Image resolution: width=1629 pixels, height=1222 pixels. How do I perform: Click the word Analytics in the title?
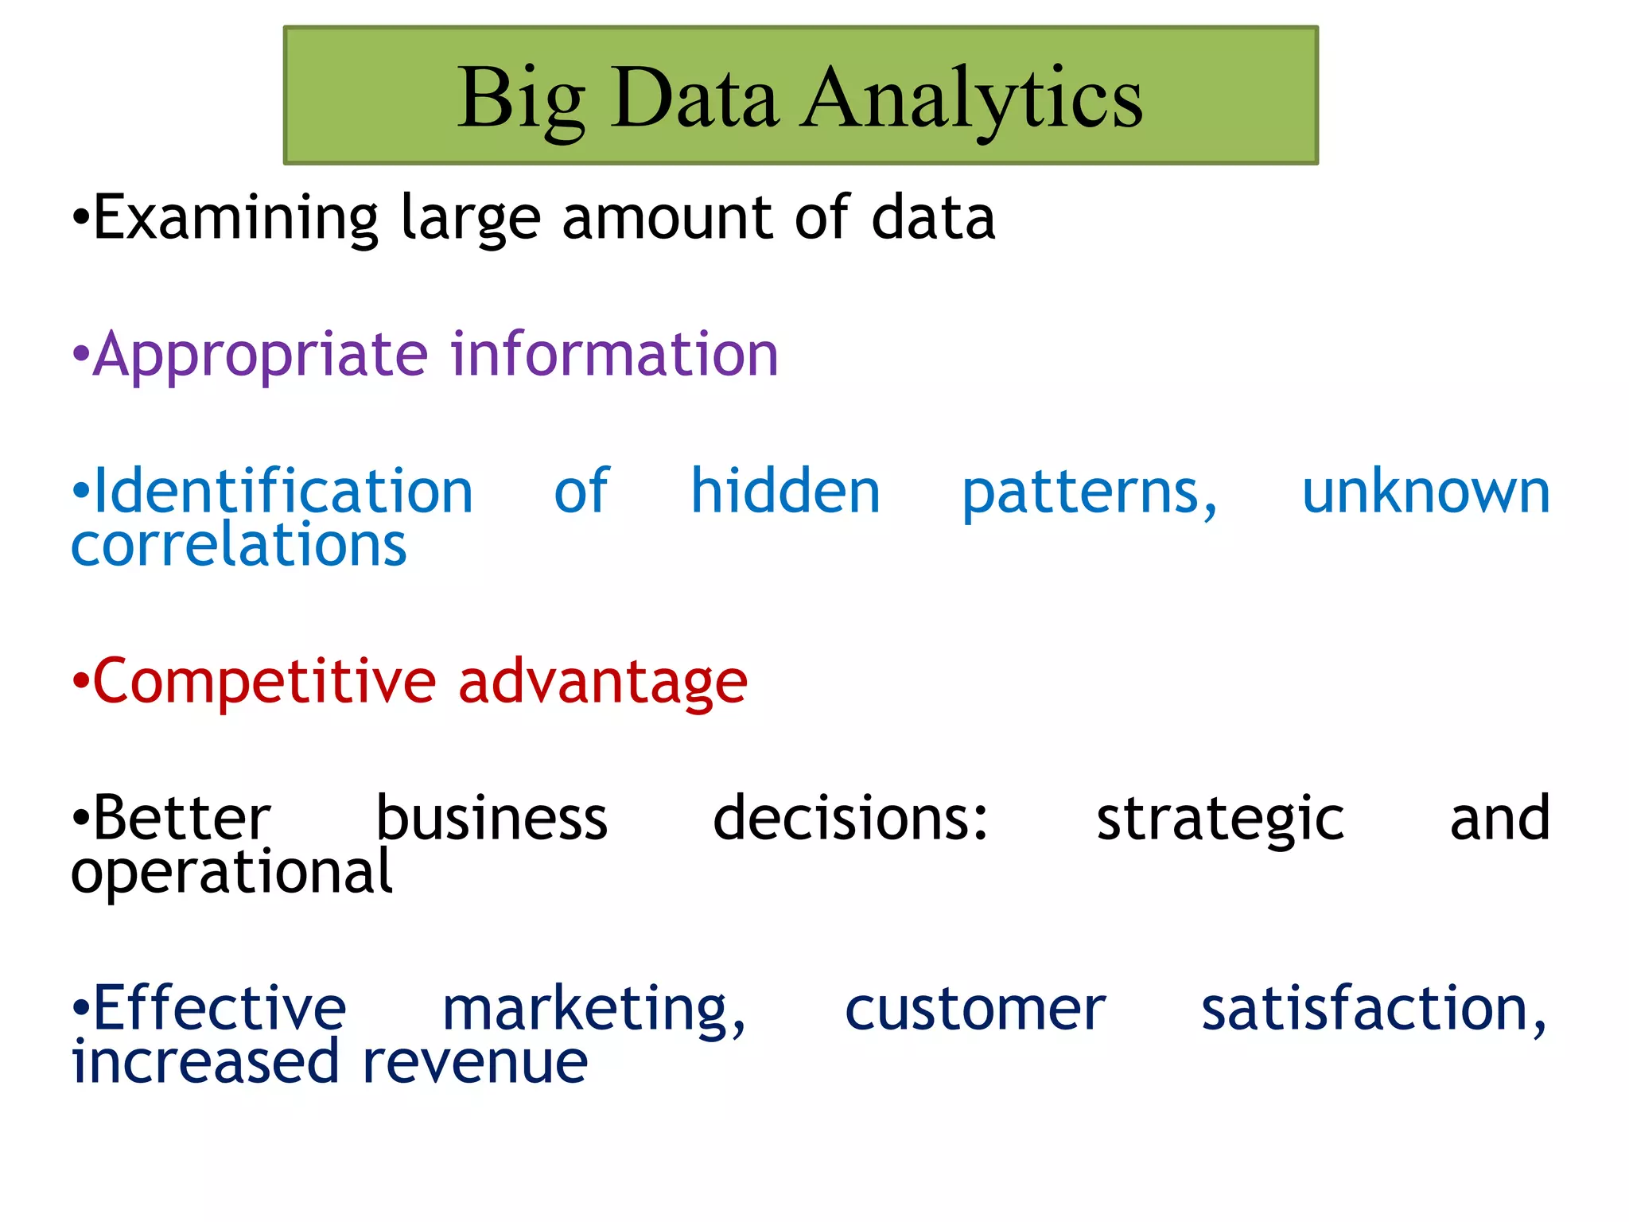(x=972, y=99)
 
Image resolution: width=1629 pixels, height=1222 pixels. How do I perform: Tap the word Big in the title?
(x=521, y=99)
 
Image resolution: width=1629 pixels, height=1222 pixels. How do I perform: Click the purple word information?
(x=615, y=354)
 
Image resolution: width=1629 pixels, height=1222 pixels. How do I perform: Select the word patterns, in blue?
(x=1089, y=493)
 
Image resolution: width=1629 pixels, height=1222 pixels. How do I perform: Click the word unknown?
(x=1425, y=493)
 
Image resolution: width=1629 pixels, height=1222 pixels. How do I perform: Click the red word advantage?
(x=603, y=683)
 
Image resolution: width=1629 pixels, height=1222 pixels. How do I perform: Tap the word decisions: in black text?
(x=850, y=819)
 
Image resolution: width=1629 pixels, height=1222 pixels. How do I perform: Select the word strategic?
(x=1220, y=820)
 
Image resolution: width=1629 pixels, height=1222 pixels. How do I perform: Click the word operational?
(x=231, y=874)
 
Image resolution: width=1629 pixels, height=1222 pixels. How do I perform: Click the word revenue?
(x=475, y=1063)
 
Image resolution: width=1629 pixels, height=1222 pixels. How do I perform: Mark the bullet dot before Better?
(x=80, y=819)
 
